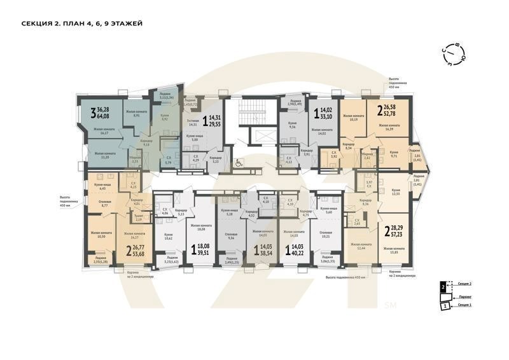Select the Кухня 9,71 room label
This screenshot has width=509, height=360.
(394, 154)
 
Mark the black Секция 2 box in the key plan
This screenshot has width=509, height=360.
(443, 287)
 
